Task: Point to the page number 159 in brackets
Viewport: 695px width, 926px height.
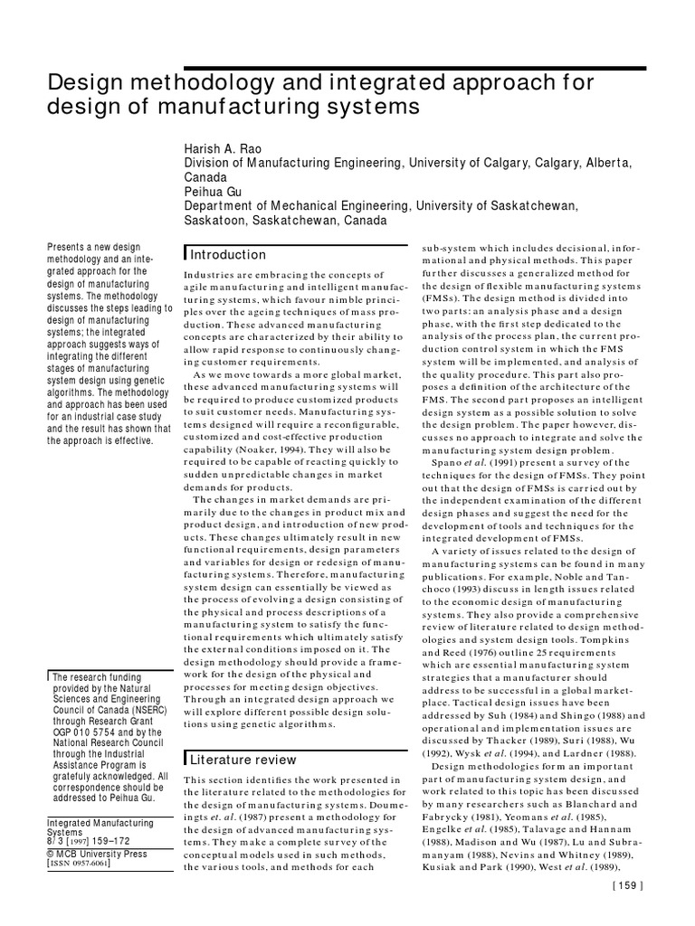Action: [627, 911]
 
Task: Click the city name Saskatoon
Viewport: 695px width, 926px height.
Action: [215, 221]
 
